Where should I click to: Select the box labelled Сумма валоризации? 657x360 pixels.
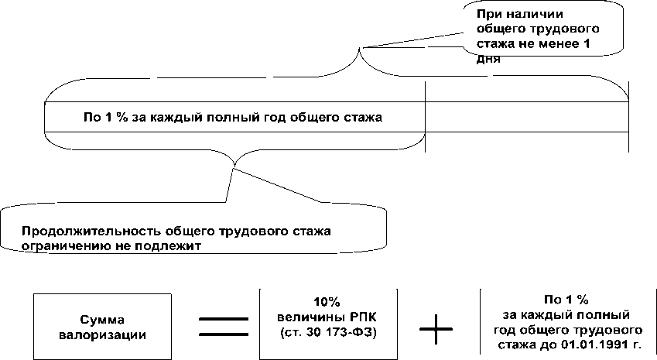tap(112, 326)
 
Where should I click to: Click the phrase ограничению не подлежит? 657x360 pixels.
tap(112, 245)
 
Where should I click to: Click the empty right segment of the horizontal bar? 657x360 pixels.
tap(526, 118)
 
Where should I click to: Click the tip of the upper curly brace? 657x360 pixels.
tap(360, 49)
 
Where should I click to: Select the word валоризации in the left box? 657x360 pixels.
tap(113, 334)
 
